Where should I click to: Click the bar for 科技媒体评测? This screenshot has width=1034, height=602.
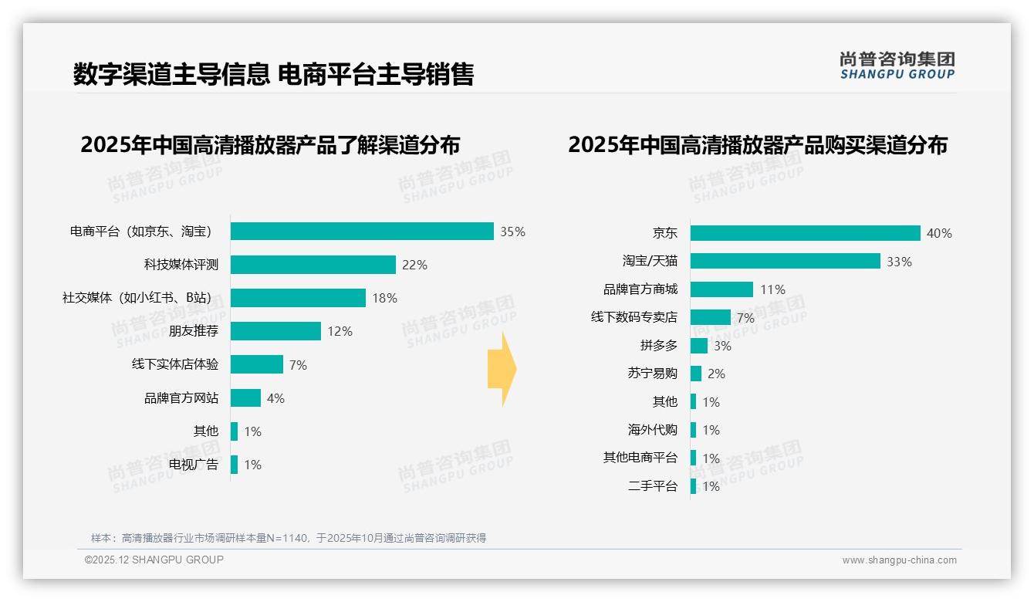point(313,265)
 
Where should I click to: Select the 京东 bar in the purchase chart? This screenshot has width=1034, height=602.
point(805,233)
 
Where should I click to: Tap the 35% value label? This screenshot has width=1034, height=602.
point(512,232)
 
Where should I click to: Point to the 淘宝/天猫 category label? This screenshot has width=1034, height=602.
point(650,262)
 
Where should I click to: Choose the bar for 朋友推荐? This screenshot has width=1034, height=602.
point(275,331)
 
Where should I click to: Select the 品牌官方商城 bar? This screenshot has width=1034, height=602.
point(721,289)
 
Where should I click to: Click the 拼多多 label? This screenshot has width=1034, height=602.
point(658,346)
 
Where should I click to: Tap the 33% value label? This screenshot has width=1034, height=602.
point(899,262)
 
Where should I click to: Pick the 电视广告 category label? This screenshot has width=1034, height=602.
point(194,465)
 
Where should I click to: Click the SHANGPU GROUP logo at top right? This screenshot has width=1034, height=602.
point(897,66)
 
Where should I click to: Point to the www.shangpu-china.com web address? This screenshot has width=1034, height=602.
point(899,560)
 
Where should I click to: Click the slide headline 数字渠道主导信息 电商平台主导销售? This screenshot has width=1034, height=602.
point(273,74)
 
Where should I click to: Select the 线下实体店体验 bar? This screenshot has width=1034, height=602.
point(257,364)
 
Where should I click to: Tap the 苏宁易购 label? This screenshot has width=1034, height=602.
point(652,374)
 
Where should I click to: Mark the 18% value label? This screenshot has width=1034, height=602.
point(384,298)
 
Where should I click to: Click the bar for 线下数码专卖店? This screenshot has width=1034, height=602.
point(710,317)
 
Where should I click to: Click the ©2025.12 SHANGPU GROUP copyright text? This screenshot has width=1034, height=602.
point(154,560)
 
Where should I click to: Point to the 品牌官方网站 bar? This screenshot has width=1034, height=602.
point(245,398)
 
